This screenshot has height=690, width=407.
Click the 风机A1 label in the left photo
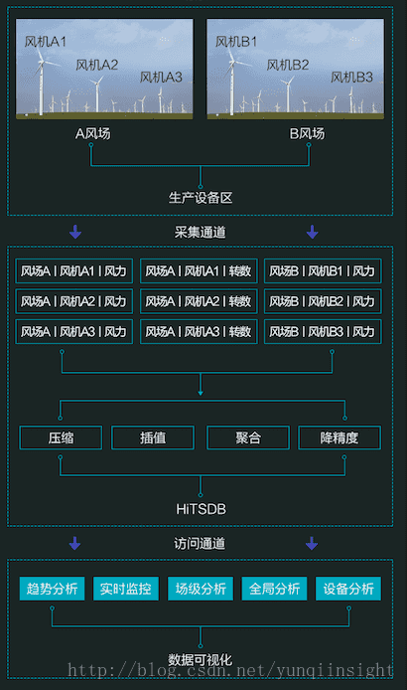(x=46, y=42)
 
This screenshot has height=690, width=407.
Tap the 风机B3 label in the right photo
(x=351, y=77)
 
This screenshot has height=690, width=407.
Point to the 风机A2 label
(x=97, y=65)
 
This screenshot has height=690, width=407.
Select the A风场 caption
(x=92, y=132)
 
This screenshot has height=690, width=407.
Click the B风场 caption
(x=307, y=132)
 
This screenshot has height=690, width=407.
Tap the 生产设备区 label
(x=201, y=197)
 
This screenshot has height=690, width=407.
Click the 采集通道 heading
(x=201, y=233)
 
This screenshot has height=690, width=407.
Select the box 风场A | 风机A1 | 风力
(x=73, y=270)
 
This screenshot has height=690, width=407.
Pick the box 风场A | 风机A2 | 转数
(x=198, y=301)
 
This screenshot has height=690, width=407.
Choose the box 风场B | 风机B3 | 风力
(x=322, y=331)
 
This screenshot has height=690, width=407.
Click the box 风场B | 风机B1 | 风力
(x=322, y=270)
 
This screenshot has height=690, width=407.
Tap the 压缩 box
(x=61, y=437)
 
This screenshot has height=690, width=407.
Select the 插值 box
(x=152, y=437)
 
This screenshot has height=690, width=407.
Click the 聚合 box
(x=247, y=437)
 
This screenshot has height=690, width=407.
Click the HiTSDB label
(x=201, y=508)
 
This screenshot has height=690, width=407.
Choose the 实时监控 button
(x=126, y=589)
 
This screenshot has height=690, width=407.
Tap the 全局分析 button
(x=274, y=589)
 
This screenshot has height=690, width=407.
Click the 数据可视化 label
(x=201, y=658)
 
